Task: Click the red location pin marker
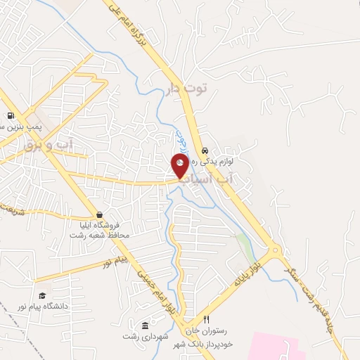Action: click(x=180, y=167)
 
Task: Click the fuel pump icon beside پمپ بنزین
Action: click(x=10, y=116)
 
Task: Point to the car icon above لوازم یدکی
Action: click(x=205, y=150)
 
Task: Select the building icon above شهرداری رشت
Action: click(x=145, y=325)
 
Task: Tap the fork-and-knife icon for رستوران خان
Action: click(x=206, y=319)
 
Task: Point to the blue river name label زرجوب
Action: click(x=179, y=139)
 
